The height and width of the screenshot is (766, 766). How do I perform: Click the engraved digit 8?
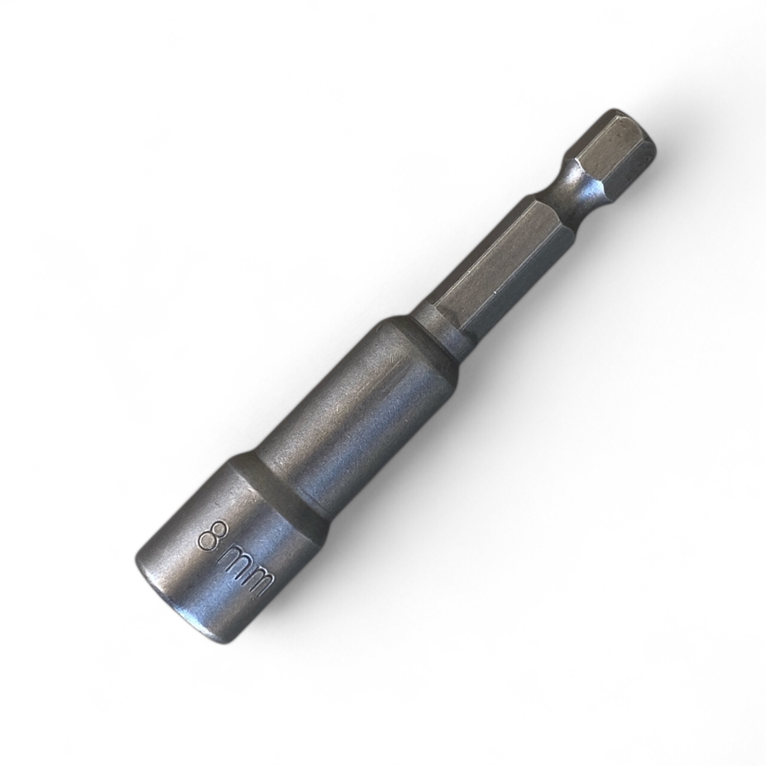coord(212,540)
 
